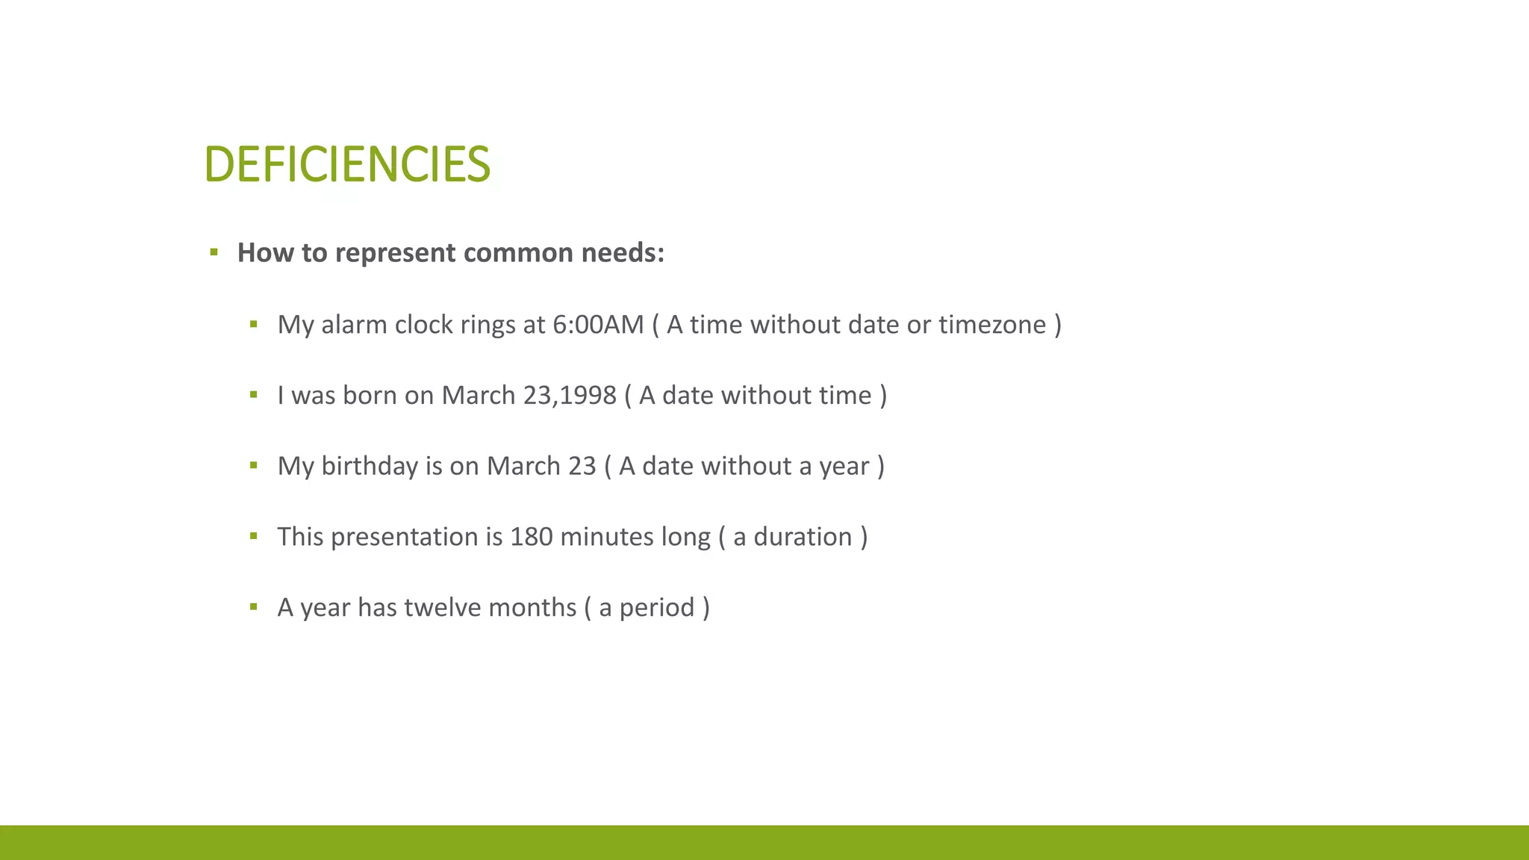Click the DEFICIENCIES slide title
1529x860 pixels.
click(347, 164)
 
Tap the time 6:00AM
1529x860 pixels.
click(598, 325)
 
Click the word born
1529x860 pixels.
click(370, 396)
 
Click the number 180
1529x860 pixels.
click(531, 537)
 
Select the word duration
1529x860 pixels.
click(803, 537)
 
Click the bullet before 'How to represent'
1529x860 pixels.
click(214, 252)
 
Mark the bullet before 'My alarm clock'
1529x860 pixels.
click(254, 324)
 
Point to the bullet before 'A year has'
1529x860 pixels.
click(254, 607)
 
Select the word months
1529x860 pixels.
click(532, 608)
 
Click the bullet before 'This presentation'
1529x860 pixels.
click(254, 536)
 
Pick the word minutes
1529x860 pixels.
click(607, 537)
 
